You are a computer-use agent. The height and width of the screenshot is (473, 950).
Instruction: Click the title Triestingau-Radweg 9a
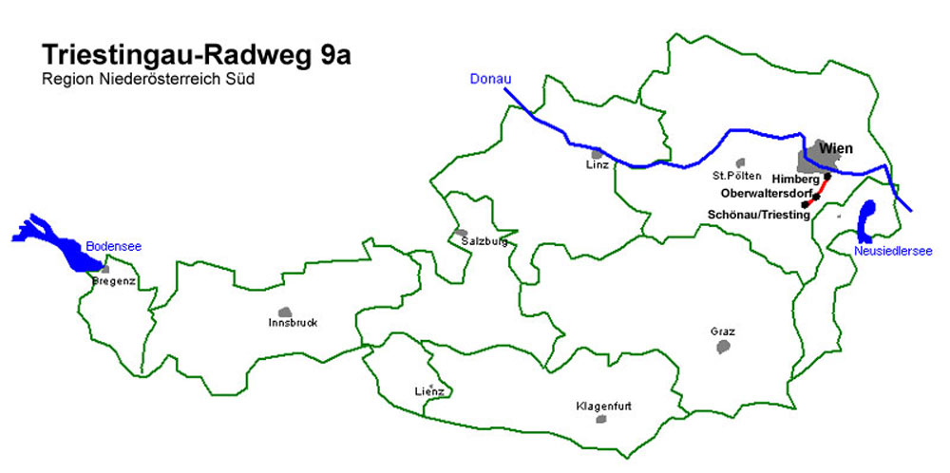coord(196,55)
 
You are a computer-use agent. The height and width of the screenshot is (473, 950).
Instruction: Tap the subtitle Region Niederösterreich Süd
coord(148,79)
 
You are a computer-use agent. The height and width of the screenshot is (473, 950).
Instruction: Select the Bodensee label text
coord(114,246)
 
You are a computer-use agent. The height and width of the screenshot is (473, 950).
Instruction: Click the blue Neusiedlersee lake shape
coord(866,220)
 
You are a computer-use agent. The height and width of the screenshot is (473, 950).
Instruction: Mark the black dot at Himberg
coord(827,177)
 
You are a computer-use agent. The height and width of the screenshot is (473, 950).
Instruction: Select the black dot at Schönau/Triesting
coord(805,204)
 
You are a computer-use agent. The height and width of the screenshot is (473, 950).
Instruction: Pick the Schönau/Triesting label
coord(758,215)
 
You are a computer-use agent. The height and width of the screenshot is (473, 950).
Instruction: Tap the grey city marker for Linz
coord(597,153)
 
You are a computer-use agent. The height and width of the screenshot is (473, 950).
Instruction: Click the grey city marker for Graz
coord(723,347)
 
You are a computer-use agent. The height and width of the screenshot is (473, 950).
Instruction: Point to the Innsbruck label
coord(293,323)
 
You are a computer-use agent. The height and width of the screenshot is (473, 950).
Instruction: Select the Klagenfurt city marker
coord(601,419)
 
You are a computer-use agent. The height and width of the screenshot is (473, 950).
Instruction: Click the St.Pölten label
coord(736,176)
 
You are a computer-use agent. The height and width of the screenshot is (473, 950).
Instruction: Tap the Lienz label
coord(429,391)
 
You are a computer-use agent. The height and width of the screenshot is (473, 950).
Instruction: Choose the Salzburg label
coord(484,241)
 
